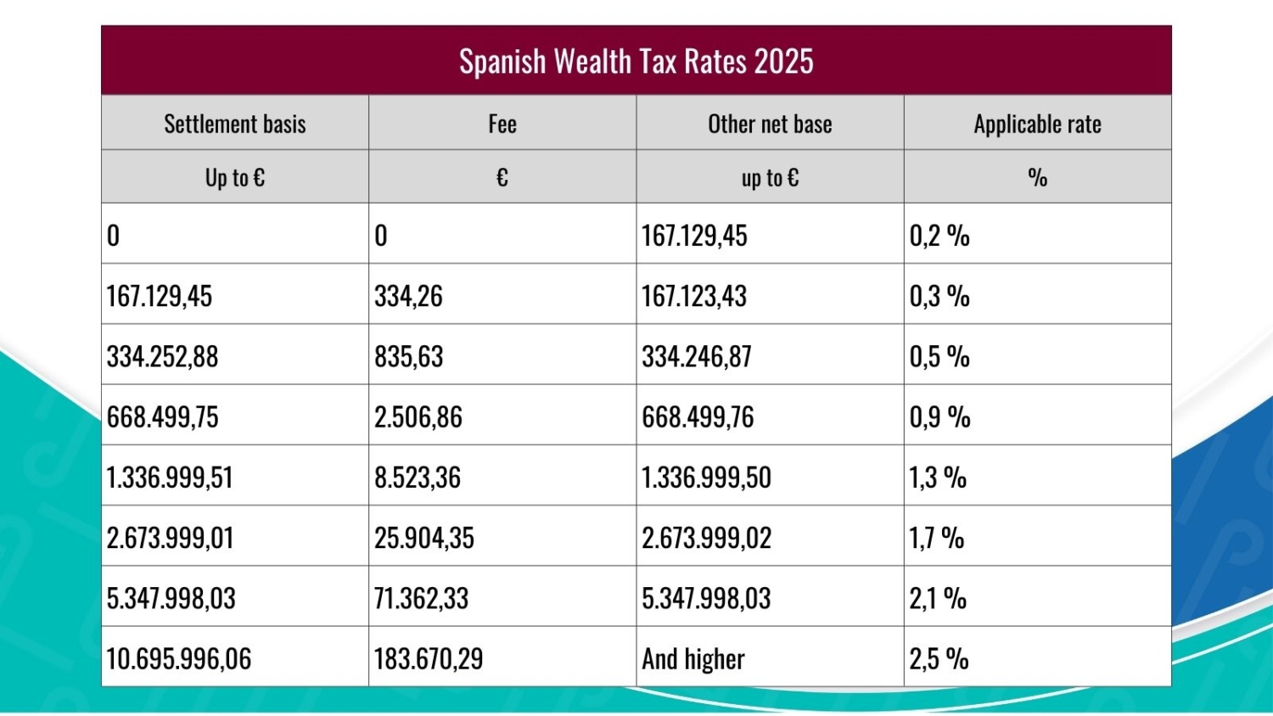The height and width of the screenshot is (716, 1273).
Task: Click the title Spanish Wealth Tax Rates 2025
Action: [x=636, y=62]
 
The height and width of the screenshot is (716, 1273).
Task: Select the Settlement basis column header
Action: [x=234, y=124]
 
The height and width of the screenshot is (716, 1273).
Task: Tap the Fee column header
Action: [x=502, y=124]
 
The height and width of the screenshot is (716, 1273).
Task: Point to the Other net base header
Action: [x=770, y=124]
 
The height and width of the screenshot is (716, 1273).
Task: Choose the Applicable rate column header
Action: [x=1037, y=124]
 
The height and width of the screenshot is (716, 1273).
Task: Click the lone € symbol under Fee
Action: [x=502, y=177]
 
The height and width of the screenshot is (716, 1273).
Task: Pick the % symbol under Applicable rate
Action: [x=1037, y=177]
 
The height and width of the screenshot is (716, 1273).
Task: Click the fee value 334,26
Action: [x=408, y=296]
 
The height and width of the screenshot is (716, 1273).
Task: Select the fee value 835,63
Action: [x=408, y=356]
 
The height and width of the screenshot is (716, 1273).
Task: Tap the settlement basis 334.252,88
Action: [x=162, y=356]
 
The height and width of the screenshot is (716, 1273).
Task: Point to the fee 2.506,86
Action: [x=418, y=417]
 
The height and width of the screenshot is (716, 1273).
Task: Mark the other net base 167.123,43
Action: [x=693, y=296]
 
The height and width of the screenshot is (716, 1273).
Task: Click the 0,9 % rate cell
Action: [x=939, y=417]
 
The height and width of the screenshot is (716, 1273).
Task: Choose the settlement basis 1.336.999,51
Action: [x=170, y=478]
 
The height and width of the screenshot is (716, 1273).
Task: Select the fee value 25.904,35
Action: [x=423, y=538]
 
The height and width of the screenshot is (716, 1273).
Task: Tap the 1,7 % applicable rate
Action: [x=937, y=538]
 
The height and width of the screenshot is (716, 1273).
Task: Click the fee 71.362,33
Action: [x=421, y=598]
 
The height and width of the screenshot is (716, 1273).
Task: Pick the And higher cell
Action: [x=693, y=659]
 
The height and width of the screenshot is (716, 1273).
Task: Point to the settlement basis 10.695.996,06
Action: [x=178, y=659]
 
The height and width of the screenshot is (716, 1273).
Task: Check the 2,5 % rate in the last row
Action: [x=939, y=659]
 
